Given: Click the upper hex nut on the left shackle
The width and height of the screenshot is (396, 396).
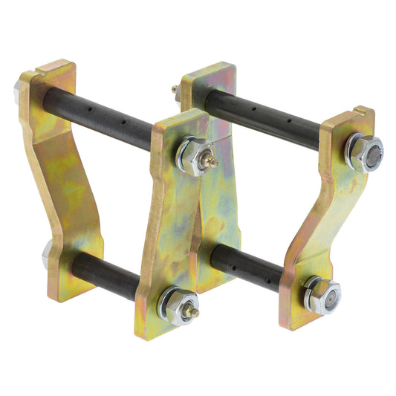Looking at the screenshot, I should (195, 157).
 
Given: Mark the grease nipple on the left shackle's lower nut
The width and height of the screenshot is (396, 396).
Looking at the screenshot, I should (195, 313).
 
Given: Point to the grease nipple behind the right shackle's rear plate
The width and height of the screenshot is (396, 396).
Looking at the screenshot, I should (175, 89).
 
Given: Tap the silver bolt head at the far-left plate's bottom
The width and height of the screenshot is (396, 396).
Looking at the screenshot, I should (46, 254).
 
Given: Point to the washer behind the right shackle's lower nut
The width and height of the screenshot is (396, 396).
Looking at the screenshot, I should (311, 291).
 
